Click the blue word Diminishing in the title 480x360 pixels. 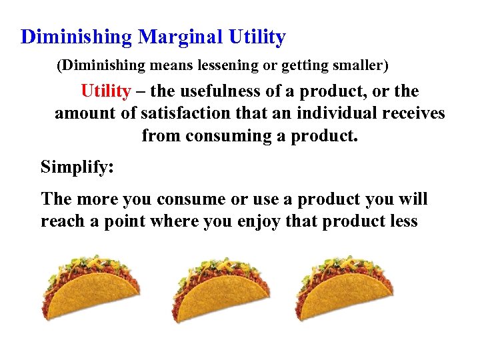[77, 37]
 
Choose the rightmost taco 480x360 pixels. [343, 288]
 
